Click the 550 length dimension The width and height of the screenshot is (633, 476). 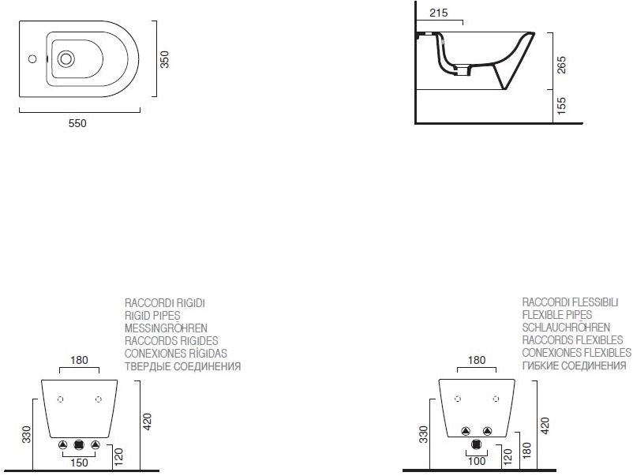[x=77, y=123]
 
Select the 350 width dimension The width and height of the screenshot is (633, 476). [x=165, y=60]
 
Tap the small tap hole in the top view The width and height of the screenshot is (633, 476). [x=32, y=58]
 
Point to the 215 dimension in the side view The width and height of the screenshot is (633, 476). [x=440, y=13]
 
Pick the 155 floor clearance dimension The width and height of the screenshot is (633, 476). [x=561, y=107]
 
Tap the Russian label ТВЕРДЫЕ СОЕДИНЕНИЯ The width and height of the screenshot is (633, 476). [x=182, y=366]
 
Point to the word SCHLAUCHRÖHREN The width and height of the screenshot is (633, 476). [x=565, y=328]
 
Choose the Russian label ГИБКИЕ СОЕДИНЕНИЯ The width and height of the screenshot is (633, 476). [x=574, y=365]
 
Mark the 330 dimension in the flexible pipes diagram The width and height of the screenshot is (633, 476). [x=423, y=434]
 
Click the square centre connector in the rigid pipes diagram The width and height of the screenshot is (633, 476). [x=78, y=445]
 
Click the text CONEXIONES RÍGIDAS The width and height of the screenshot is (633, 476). [x=175, y=354]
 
